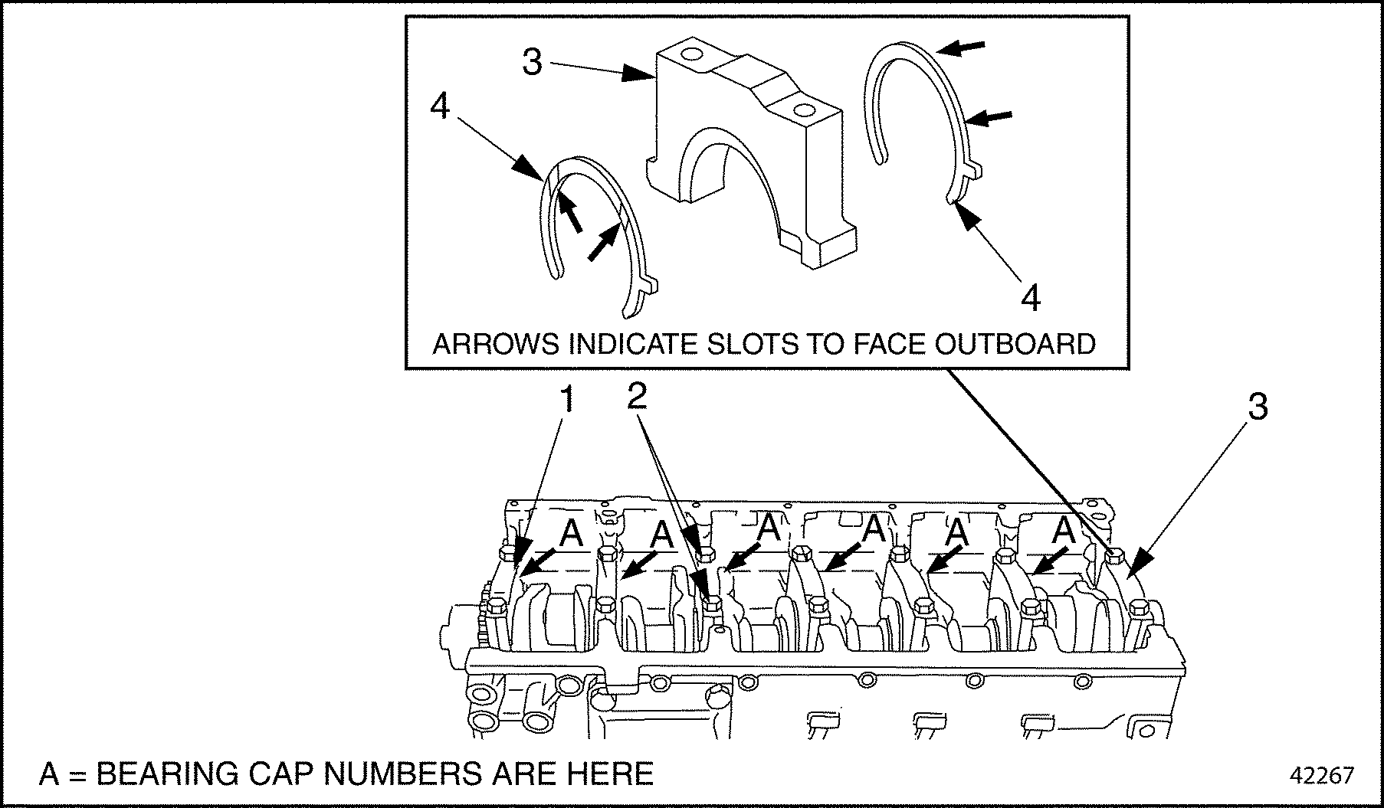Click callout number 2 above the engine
click(637, 397)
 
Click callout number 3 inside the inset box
click(532, 62)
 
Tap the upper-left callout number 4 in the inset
click(440, 106)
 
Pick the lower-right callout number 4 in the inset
click(1031, 298)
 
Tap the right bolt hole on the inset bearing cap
click(803, 110)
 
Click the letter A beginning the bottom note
click(49, 774)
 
